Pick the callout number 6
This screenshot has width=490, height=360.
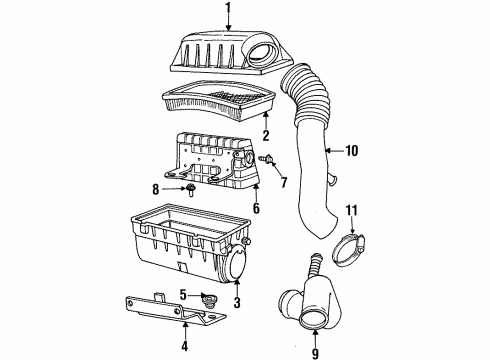coord(255,210)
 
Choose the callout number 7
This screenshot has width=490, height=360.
coord(283,183)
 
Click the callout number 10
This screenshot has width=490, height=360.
coord(351,152)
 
